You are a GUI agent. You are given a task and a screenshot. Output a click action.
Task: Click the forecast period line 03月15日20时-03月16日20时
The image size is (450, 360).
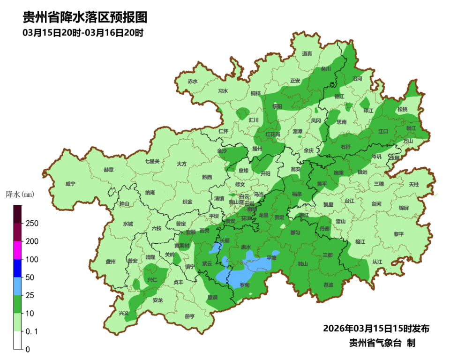click(82, 33)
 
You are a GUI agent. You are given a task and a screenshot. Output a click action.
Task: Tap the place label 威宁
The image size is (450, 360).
click(70, 184)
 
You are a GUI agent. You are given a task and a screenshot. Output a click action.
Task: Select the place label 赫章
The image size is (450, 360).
click(108, 170)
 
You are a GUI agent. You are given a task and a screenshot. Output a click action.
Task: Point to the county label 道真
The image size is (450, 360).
click(307, 54)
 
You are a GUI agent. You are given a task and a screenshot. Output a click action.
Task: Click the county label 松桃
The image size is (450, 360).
click(402, 109)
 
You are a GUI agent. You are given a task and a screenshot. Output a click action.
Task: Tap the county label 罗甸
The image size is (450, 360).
click(245, 285)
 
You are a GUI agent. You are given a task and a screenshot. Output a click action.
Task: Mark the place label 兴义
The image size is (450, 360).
click(123, 313)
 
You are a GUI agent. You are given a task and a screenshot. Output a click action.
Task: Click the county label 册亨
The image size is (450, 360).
click(189, 316)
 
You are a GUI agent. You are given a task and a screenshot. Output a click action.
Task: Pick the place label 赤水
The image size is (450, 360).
click(193, 81)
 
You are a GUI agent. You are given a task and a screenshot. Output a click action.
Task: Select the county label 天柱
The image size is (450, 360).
click(413, 184)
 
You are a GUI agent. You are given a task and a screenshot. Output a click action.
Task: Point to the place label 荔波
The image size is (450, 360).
click(329, 285)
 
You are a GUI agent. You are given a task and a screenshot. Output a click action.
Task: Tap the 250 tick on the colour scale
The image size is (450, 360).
click(31, 223)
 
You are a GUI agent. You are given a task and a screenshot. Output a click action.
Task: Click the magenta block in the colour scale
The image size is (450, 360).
click(17, 250)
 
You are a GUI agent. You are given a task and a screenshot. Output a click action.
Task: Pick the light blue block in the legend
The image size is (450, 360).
click(17, 286)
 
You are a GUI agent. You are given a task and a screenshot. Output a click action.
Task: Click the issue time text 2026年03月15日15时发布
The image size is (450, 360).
click(376, 328)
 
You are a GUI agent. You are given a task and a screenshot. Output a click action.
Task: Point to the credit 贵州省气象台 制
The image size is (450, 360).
click(382, 343)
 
